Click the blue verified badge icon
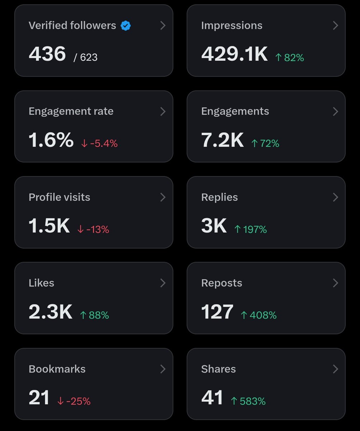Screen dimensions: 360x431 tap(126, 26)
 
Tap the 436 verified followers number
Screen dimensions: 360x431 tap(47, 54)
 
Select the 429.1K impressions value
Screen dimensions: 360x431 tap(234, 54)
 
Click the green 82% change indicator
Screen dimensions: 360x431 tap(290, 57)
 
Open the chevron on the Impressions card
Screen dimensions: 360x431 tap(336, 26)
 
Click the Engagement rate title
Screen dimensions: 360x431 tap(71, 111)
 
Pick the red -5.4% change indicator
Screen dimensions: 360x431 tap(99, 143)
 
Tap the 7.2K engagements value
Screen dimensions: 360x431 tap(223, 140)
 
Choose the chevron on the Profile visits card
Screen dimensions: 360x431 tap(163, 197)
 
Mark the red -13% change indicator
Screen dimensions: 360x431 tap(93, 230)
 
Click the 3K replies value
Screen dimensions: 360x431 tap(214, 226)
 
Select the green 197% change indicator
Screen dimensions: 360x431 tap(251, 230)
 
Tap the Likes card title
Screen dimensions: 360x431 tap(42, 283)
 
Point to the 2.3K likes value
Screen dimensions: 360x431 tap(51, 312)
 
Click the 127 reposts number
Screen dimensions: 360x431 tap(217, 312)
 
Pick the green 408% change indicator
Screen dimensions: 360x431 tap(259, 315)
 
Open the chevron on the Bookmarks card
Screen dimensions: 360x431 tap(163, 369)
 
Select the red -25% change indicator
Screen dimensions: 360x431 tap(74, 401)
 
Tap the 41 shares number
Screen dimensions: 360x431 tap(212, 398)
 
